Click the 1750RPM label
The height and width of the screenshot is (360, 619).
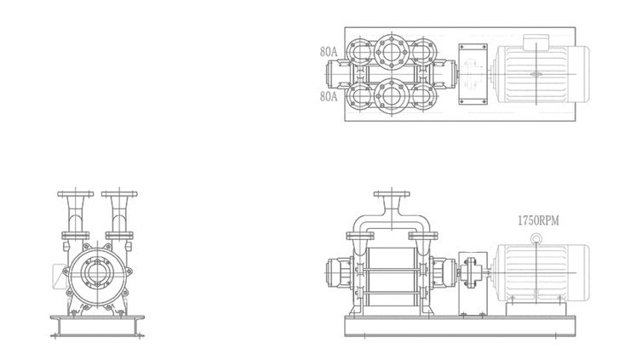538,220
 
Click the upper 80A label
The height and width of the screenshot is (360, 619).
329,52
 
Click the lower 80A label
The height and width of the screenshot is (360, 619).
329,96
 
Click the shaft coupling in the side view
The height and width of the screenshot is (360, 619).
471,272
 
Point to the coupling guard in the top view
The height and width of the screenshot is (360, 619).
473,74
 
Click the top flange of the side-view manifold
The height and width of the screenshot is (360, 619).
392,194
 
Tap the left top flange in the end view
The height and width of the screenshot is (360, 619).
76,194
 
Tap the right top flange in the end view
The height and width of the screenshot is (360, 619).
119,194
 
